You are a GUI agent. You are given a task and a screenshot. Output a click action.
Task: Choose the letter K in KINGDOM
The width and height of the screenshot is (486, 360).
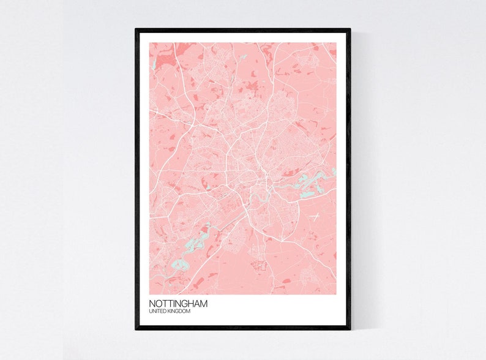coord(169,312)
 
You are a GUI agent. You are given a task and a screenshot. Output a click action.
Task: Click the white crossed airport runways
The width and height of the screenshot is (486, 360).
coord(315,216)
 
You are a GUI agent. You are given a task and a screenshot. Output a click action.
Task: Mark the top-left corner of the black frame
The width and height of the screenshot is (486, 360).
coord(136,29)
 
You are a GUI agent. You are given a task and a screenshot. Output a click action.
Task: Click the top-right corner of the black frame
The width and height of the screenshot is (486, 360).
coord(350,29)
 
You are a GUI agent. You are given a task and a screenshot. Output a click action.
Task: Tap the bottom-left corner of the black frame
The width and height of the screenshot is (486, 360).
coord(136,329)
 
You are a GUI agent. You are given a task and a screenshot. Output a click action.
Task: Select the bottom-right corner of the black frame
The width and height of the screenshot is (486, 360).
coord(350,329)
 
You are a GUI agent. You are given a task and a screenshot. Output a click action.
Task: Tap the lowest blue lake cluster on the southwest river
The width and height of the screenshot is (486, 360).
coord(178,265)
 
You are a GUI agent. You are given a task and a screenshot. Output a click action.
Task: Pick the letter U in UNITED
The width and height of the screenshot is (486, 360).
coord(151,312)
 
